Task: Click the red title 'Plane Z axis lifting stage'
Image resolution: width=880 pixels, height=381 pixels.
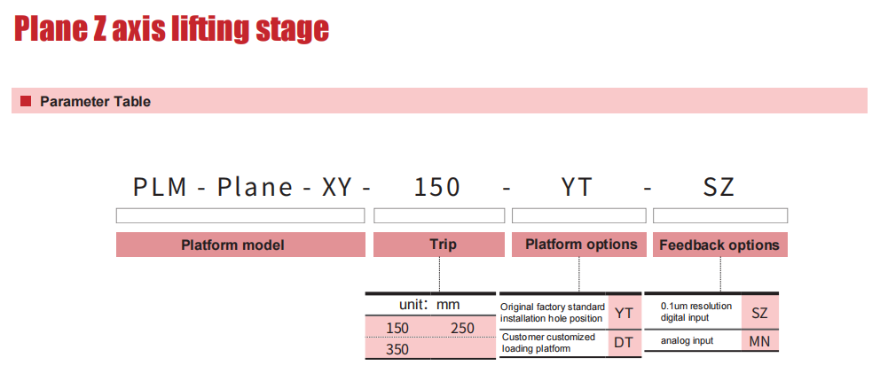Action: coord(171,29)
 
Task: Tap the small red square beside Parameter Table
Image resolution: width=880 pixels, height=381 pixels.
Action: coord(25,101)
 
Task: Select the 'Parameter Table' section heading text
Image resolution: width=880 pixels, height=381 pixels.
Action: coord(96,101)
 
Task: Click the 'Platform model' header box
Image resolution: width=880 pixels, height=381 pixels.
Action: coord(240,245)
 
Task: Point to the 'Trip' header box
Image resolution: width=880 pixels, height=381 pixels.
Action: coord(439,245)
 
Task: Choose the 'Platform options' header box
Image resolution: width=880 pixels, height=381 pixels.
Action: coord(578,245)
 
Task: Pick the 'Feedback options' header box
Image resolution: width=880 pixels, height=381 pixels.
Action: coord(720,245)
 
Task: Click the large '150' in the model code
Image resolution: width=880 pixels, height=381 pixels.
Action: coord(437,187)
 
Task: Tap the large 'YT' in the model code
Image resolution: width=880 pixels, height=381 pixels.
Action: coord(577,187)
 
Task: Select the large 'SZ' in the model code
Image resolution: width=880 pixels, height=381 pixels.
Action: coord(719,187)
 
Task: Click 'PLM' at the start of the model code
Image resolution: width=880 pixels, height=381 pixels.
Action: coord(160,187)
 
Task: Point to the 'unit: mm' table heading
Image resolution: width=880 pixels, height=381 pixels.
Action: coord(429,305)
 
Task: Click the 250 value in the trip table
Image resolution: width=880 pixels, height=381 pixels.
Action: coord(462,328)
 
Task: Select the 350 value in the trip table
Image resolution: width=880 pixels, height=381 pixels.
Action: coord(397,350)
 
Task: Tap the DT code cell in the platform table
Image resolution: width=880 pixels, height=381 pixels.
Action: coord(624,342)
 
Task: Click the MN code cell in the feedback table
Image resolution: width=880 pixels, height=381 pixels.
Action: coord(759,340)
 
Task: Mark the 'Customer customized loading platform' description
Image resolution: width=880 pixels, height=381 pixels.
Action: coord(548,343)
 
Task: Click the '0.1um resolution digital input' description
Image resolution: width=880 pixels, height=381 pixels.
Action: coord(695,312)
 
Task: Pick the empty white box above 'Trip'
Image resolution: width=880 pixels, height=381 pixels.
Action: coord(439,215)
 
